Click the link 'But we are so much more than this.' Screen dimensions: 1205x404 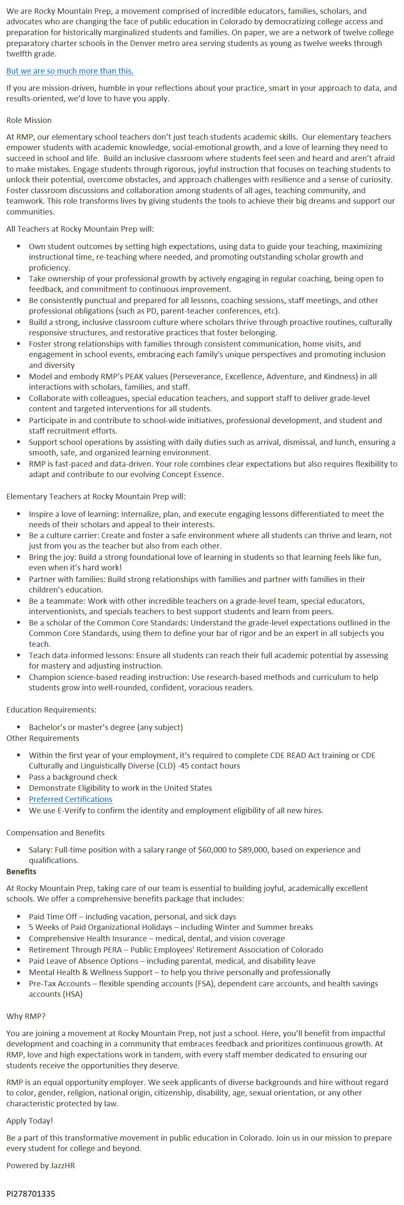[x=70, y=71]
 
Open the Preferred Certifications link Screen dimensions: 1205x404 [x=70, y=799]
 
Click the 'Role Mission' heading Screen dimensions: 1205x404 [x=29, y=120]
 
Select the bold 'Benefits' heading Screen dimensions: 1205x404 [x=21, y=871]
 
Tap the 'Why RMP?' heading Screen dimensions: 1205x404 [x=26, y=1016]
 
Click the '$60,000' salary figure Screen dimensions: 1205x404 [x=212, y=850]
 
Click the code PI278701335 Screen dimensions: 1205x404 [x=31, y=1193]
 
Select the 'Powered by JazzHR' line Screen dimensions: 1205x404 [x=41, y=1165]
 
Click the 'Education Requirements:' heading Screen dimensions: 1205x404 [x=51, y=710]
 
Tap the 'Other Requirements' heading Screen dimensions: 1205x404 [x=43, y=738]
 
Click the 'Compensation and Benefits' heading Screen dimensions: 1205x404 [x=55, y=832]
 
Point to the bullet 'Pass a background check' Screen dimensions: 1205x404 [x=73, y=777]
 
